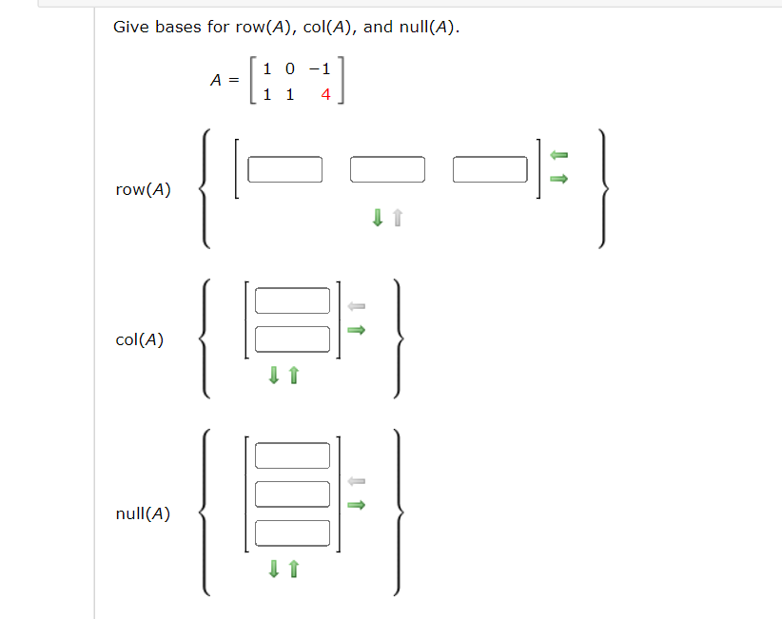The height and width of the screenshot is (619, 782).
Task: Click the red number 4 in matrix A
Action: point(325,95)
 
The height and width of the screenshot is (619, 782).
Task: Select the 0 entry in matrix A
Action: point(289,68)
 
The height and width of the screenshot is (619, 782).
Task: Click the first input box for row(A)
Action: point(285,169)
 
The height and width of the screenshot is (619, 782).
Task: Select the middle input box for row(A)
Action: point(387,169)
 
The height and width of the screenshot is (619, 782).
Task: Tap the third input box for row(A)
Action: point(490,169)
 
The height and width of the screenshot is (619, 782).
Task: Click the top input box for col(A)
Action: point(292,300)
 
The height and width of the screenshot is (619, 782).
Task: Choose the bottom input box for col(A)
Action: point(292,338)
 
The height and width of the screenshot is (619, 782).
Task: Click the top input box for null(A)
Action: point(292,455)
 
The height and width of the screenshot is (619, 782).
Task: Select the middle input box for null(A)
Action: point(292,493)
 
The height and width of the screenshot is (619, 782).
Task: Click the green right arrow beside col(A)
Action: point(356,331)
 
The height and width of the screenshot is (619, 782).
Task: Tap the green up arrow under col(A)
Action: point(293,377)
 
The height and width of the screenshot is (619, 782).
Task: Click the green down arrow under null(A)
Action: point(274,569)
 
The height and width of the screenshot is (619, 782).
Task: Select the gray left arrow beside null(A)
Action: point(356,481)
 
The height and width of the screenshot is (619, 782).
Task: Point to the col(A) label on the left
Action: point(139,339)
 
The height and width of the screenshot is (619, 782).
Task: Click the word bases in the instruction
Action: point(178,27)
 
